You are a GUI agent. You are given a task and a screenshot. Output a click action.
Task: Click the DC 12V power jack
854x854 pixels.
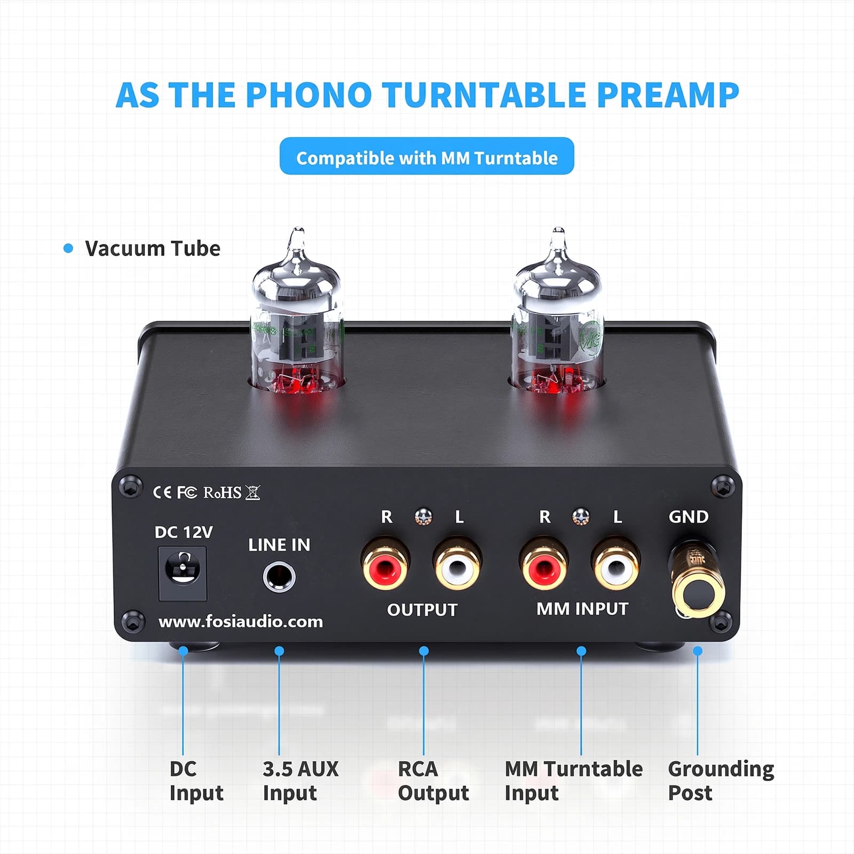pos(183,573)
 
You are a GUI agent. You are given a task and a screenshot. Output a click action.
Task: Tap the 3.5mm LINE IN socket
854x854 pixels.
pos(279,577)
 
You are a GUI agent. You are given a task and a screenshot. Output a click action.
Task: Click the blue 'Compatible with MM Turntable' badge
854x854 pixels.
pos(426,156)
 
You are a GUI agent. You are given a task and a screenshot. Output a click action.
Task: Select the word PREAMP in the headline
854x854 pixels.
pos(667,94)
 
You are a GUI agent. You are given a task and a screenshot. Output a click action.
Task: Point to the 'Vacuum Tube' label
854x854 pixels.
pos(153,248)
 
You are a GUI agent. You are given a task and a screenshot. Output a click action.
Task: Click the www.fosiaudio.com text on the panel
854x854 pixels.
pos(241,622)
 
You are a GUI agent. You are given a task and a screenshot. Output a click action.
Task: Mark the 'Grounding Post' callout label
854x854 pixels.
pos(721,781)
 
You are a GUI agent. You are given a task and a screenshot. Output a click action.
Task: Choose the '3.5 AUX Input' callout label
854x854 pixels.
pos(301,781)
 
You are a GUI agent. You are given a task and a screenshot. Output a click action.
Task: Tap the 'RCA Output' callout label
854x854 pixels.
pos(433,781)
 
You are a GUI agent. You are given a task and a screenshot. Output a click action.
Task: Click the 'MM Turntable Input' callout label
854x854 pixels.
pos(574,781)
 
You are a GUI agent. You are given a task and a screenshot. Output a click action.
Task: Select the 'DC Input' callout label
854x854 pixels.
pos(196,781)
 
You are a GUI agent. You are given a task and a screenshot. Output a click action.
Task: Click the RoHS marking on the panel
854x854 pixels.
pos(223,492)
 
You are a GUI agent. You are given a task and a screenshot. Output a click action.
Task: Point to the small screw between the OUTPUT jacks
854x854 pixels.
pos(423,517)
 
